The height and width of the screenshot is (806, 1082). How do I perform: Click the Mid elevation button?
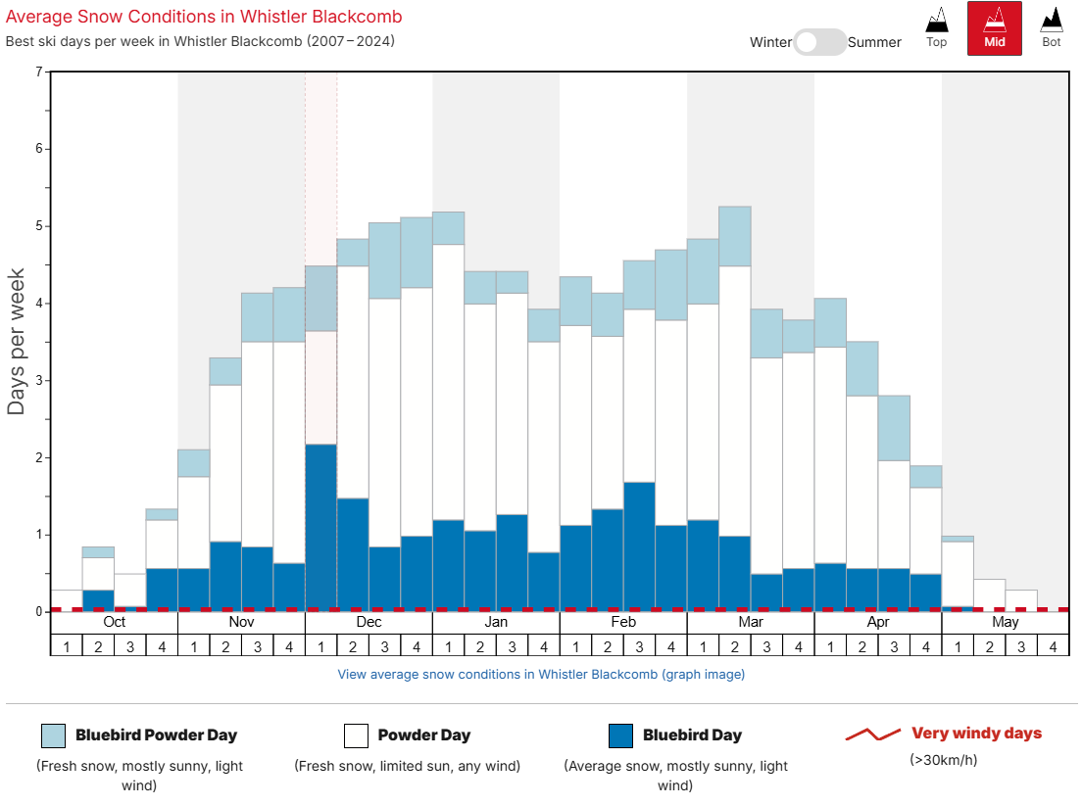tap(994, 27)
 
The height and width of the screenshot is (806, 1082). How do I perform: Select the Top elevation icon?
tap(937, 27)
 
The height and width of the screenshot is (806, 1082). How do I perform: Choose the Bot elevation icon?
tap(1052, 27)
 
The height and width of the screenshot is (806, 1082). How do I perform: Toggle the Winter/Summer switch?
tap(819, 42)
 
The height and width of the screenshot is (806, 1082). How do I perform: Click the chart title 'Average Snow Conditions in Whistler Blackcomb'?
tap(204, 17)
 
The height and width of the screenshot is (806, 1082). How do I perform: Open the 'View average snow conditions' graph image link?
tap(541, 674)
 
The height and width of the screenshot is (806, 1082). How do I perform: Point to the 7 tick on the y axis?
tap(39, 72)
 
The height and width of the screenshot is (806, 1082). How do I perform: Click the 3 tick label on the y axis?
tap(39, 380)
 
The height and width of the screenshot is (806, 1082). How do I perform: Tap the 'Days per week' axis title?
tap(17, 341)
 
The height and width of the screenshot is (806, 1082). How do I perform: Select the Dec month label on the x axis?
tap(369, 622)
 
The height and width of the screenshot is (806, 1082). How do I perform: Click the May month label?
tap(1005, 622)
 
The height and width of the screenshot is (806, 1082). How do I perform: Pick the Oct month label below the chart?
tap(114, 622)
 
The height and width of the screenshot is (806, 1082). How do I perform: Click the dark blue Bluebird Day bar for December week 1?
tap(320, 528)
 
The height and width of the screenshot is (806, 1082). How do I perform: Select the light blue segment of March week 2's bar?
tap(734, 236)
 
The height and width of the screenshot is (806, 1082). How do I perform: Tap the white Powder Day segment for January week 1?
tap(448, 382)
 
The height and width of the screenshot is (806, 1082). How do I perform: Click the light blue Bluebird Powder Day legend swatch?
tap(54, 735)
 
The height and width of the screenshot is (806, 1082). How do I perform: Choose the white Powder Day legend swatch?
tap(356, 735)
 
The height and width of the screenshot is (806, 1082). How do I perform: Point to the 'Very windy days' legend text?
tap(976, 734)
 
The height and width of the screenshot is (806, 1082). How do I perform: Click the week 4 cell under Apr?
tap(925, 645)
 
